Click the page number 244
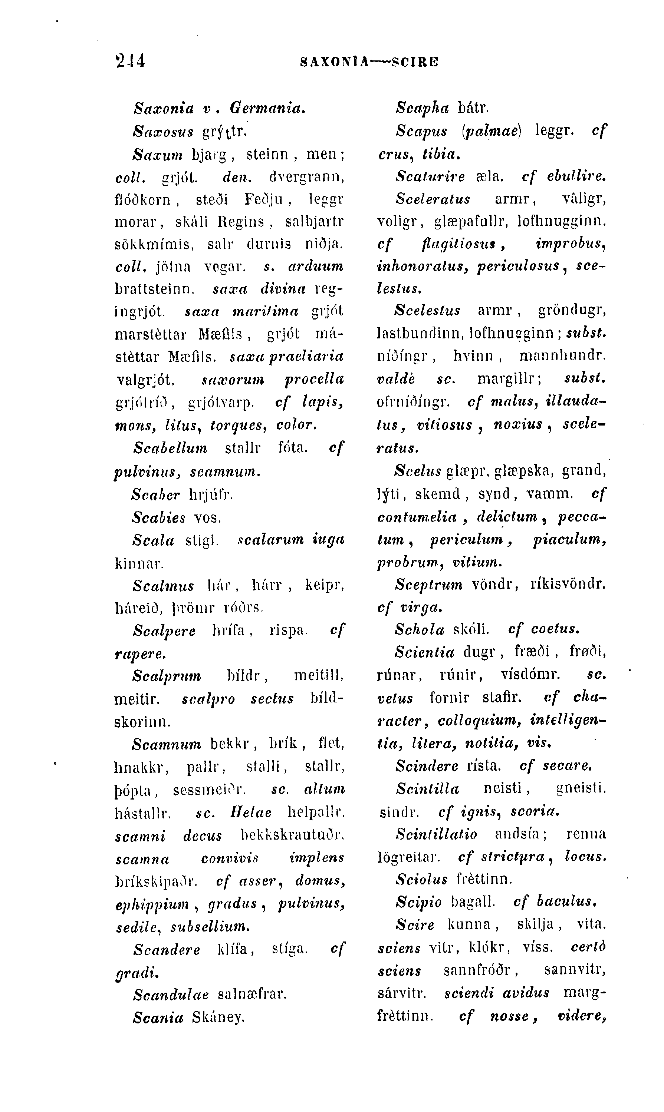click(x=130, y=60)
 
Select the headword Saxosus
click(x=163, y=132)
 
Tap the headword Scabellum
click(x=170, y=448)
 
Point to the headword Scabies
click(x=159, y=517)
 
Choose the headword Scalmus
click(x=163, y=586)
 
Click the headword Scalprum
click(x=167, y=676)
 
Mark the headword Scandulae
click(x=171, y=994)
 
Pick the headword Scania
click(x=158, y=1017)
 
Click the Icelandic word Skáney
click(x=219, y=1017)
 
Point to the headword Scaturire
click(x=430, y=176)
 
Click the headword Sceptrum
click(x=429, y=585)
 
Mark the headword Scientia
click(x=424, y=652)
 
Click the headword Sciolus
click(x=421, y=880)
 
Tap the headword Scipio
click(x=418, y=902)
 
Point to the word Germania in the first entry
click(x=267, y=108)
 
